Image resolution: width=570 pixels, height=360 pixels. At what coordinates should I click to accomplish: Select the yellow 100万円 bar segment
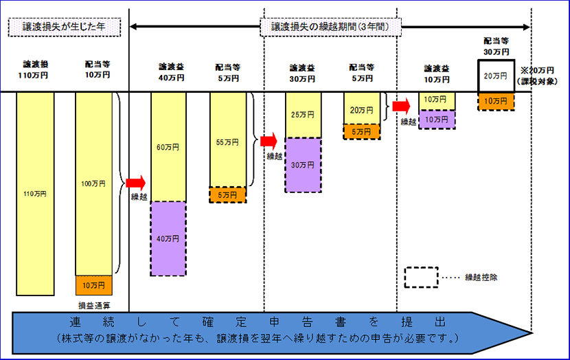tap(93, 183)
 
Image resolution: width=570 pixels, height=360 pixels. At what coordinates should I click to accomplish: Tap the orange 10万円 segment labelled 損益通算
tap(93, 285)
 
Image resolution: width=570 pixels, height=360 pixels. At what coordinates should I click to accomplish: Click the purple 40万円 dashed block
tap(168, 238)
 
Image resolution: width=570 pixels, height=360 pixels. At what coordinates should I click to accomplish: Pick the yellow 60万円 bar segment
tap(168, 146)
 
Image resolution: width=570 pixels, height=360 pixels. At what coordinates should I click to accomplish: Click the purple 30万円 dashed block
tap(303, 164)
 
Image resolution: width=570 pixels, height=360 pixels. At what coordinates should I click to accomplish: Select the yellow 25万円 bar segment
tap(303, 115)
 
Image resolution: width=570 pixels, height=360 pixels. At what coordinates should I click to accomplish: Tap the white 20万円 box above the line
tap(496, 76)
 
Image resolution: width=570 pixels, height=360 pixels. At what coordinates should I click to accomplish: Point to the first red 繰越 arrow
tap(136, 183)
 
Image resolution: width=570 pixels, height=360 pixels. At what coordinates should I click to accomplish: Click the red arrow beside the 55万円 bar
tap(267, 142)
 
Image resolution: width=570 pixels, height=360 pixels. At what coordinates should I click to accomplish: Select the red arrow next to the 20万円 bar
tap(400, 106)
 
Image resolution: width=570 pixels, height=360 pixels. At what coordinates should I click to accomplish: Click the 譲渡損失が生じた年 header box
tap(65, 27)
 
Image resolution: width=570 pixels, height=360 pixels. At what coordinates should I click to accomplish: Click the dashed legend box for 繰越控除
tap(421, 277)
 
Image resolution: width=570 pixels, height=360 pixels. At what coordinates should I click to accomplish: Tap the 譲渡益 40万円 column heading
tap(168, 73)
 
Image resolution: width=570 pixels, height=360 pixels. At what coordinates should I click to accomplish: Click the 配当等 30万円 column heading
tap(496, 46)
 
